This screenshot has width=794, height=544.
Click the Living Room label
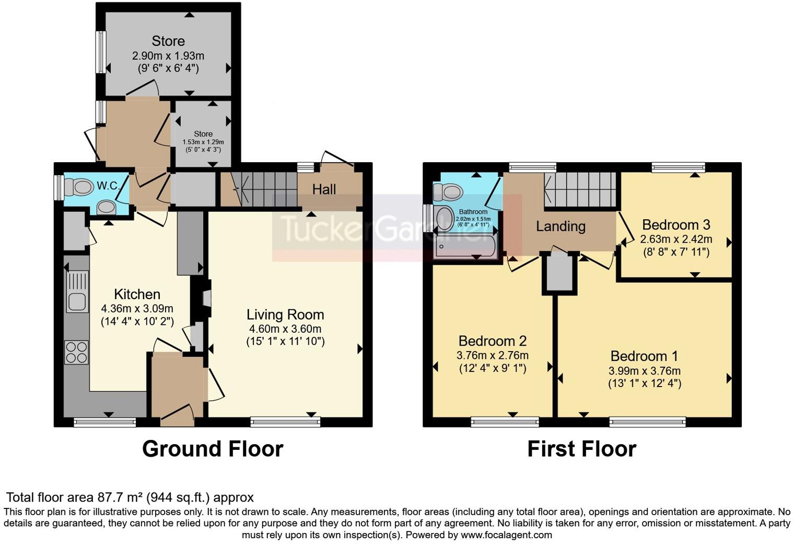(x=285, y=314)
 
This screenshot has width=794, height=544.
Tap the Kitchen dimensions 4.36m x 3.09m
(x=137, y=309)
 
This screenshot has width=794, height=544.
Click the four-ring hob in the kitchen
(x=76, y=352)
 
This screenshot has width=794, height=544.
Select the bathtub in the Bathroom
(x=466, y=246)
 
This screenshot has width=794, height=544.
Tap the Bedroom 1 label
(x=644, y=356)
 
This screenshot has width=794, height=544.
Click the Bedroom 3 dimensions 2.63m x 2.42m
(x=676, y=240)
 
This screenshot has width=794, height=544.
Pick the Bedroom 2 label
(x=493, y=341)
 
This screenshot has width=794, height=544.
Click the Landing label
(x=561, y=226)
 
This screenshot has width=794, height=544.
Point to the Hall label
(x=324, y=189)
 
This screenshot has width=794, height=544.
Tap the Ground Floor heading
(x=213, y=449)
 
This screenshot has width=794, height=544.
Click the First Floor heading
(x=581, y=449)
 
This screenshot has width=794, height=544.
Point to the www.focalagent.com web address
(x=506, y=535)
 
